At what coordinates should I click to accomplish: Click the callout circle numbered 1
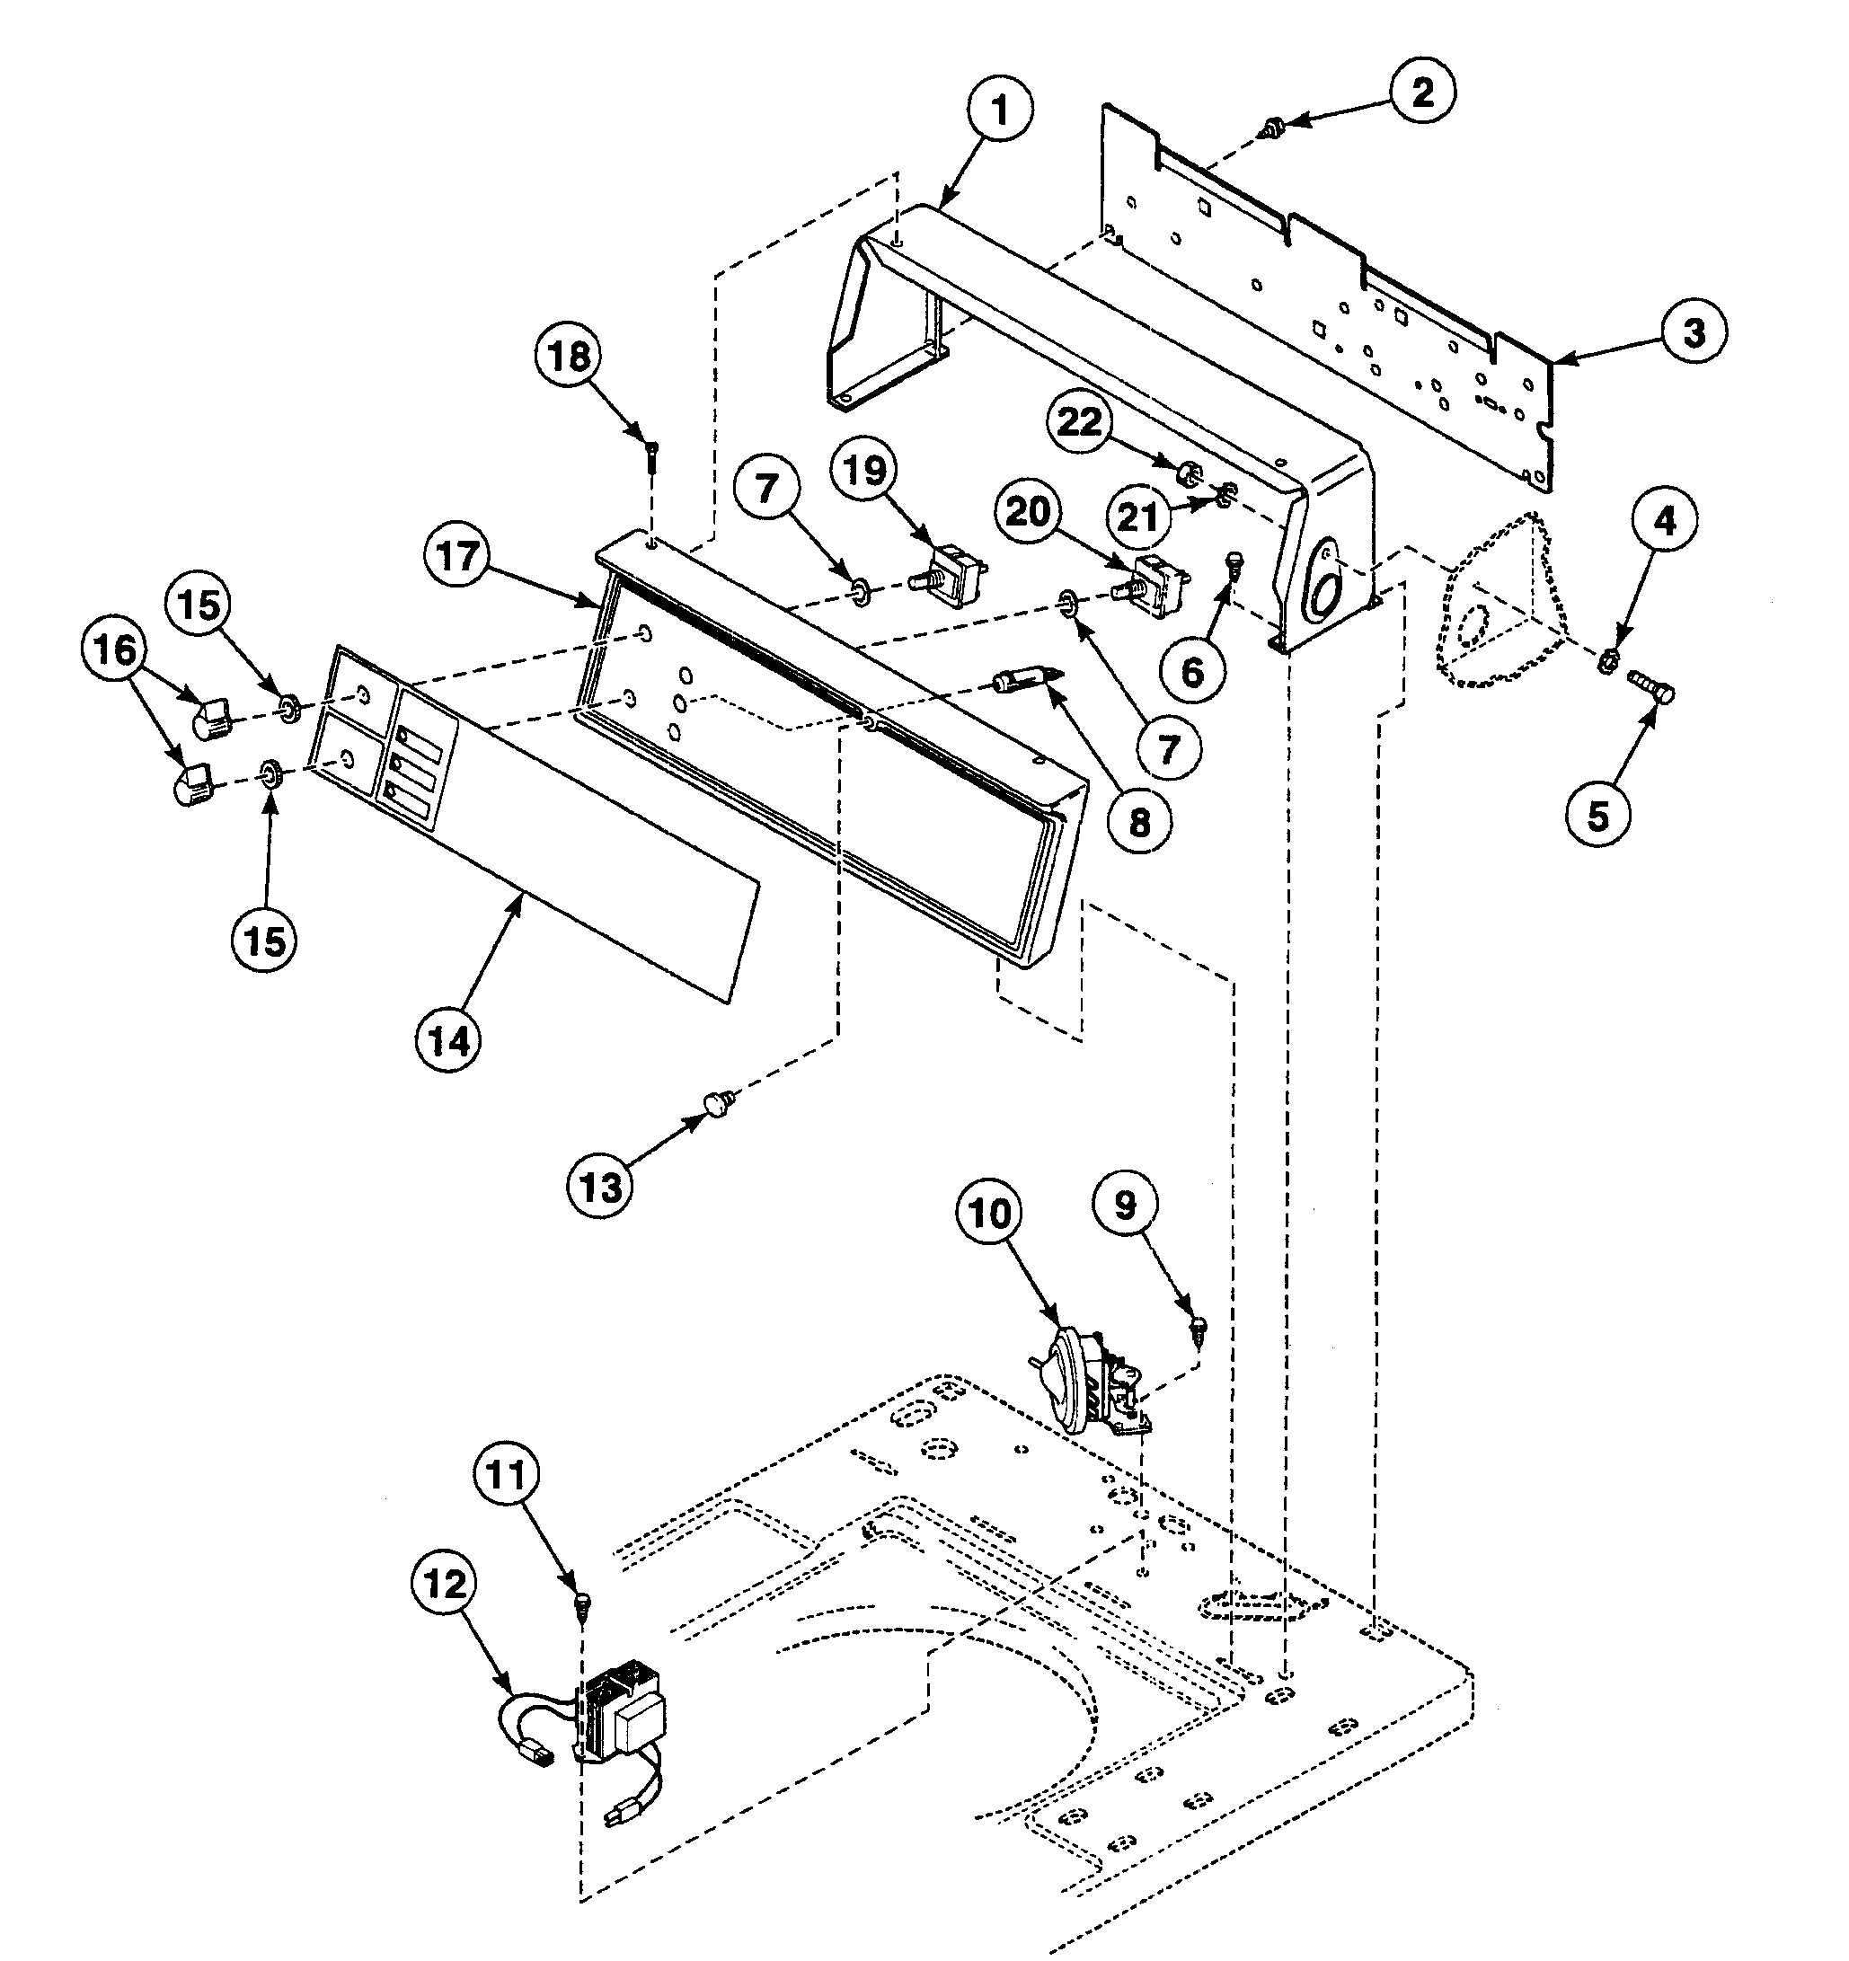pyautogui.click(x=998, y=111)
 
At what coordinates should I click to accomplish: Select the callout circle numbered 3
pyautogui.click(x=1693, y=332)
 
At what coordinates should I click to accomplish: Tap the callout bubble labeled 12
pyautogui.click(x=445, y=1586)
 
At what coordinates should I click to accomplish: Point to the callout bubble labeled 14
pyautogui.click(x=449, y=1039)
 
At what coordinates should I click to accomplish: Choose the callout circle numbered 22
pyautogui.click(x=1079, y=422)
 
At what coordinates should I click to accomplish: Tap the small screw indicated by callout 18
pyautogui.click(x=652, y=455)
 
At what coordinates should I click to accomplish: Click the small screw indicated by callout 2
pyautogui.click(x=1273, y=127)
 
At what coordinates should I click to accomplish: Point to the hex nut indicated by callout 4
pyautogui.click(x=1606, y=660)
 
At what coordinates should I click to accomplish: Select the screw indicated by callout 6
pyautogui.click(x=1232, y=564)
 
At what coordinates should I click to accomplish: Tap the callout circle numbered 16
pyautogui.click(x=115, y=650)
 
